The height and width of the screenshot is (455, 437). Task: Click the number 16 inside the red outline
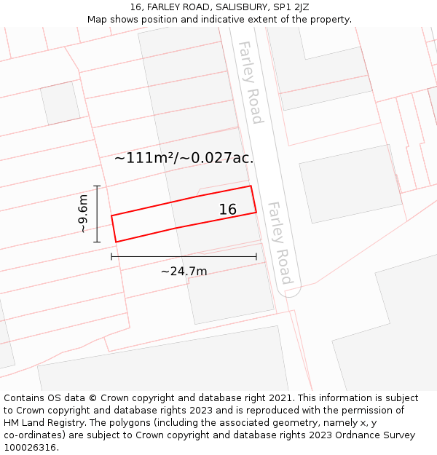coord(228,210)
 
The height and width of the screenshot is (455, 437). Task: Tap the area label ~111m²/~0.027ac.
coord(184,157)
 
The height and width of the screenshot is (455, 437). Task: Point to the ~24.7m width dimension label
coord(184,272)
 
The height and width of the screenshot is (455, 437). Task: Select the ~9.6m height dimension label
coord(83,213)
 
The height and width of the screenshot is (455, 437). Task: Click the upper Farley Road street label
coord(250,82)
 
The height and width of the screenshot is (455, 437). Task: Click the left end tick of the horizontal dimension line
coord(111,256)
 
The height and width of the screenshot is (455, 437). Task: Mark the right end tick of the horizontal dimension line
coord(256,256)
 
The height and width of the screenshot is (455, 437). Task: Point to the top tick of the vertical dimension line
coord(97,186)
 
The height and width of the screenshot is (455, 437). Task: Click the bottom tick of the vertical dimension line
coord(97,242)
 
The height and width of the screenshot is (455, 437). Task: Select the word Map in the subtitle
coord(98,20)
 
